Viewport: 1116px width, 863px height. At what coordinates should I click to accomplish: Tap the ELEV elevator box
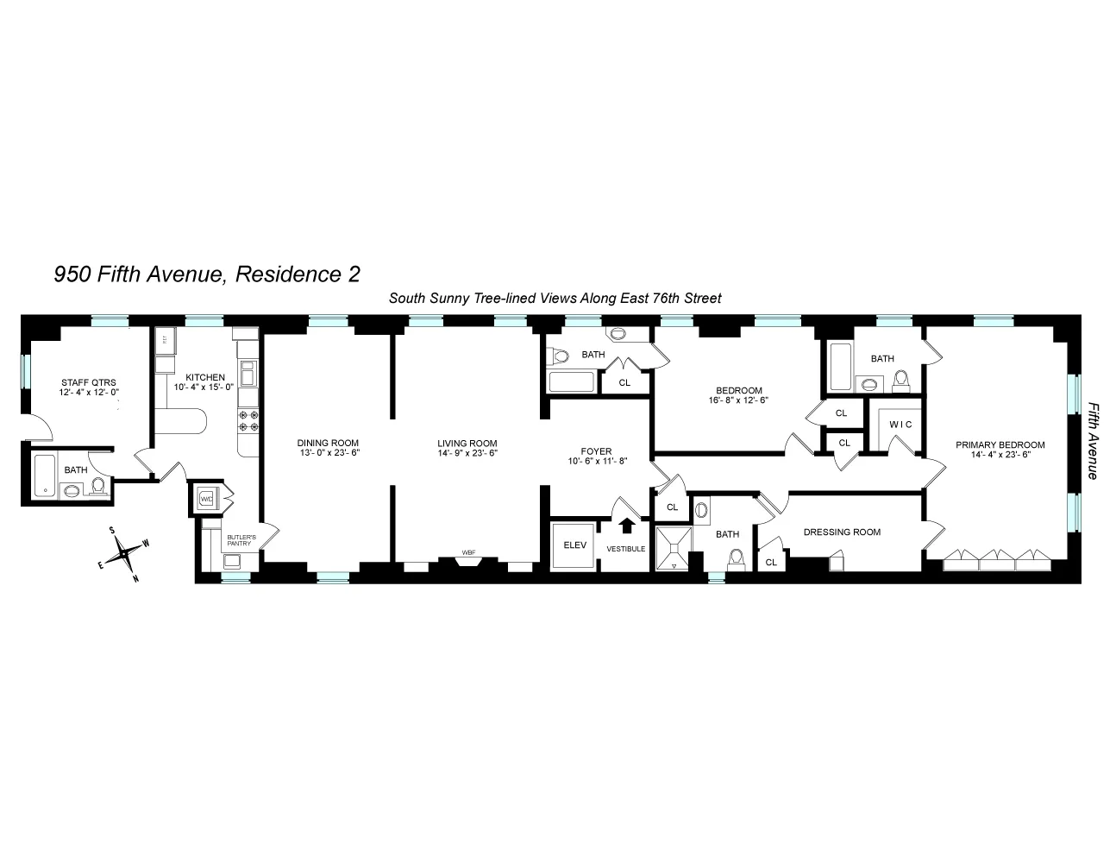tap(574, 545)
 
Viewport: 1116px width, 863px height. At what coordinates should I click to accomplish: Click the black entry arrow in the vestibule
tap(627, 524)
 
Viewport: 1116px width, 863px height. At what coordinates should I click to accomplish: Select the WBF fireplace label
tap(468, 552)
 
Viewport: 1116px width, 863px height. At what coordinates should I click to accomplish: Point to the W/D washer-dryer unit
tap(207, 499)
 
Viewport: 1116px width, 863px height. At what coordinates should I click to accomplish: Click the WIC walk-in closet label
tap(901, 425)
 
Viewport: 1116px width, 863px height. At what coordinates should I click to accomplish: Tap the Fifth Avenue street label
tap(1093, 440)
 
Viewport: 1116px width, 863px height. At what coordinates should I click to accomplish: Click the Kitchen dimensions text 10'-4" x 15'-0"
tap(204, 387)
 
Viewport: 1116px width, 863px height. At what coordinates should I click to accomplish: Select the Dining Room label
tap(328, 443)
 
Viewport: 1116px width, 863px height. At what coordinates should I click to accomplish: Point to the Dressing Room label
tap(842, 532)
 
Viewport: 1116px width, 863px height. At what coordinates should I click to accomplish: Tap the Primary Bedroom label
tap(1000, 445)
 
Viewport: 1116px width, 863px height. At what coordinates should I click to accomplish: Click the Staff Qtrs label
tap(88, 381)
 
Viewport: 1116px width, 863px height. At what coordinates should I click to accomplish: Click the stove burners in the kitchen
tap(249, 420)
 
